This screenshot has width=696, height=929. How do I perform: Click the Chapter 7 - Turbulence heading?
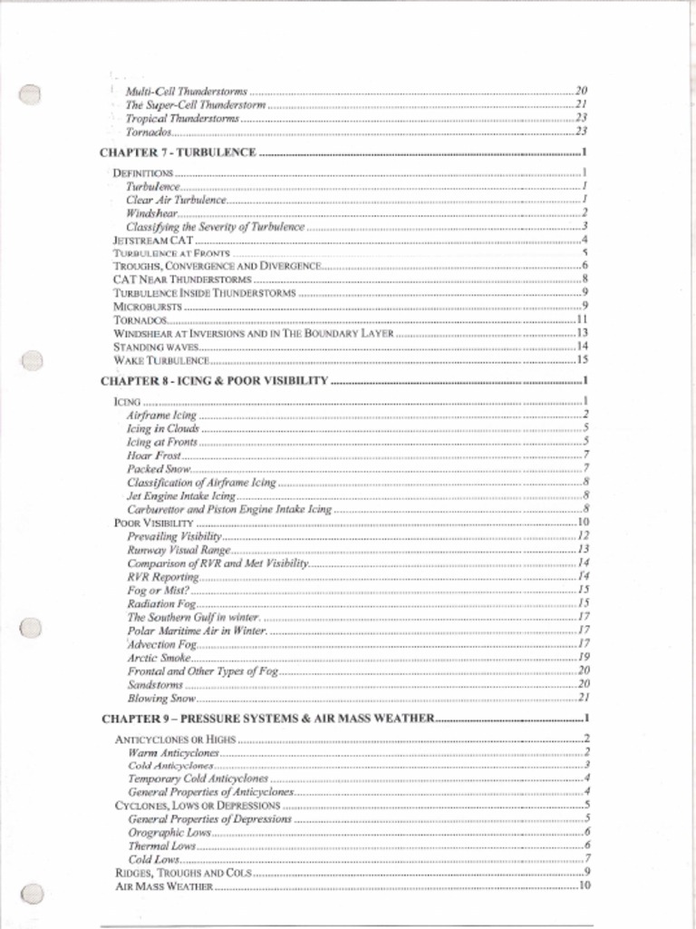(178, 152)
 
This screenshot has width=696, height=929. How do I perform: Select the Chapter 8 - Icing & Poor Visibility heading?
(214, 381)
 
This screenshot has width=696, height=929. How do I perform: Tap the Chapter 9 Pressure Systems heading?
(267, 719)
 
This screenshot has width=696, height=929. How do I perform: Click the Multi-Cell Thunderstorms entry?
(186, 92)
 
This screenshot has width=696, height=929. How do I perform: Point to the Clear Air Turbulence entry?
(176, 200)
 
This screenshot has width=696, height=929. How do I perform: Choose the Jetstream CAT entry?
(152, 240)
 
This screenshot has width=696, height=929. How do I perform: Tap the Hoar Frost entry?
(154, 455)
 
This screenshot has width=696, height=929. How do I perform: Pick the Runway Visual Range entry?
(179, 550)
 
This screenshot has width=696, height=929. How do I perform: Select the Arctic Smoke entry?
(159, 657)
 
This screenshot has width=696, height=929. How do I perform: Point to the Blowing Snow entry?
(161, 698)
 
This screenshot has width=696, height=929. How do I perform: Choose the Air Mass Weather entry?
(164, 885)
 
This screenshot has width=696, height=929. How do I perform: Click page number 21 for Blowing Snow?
(585, 698)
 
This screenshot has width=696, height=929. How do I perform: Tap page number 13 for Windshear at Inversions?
(584, 334)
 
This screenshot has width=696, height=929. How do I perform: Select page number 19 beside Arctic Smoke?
(585, 657)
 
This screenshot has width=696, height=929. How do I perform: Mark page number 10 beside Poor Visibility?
(584, 523)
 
